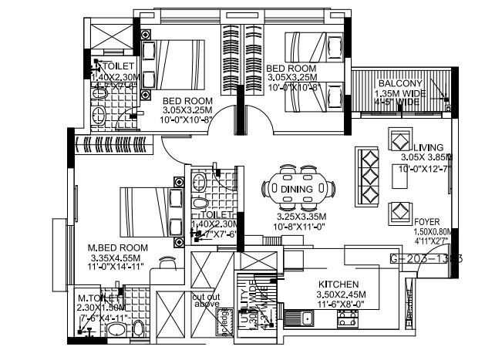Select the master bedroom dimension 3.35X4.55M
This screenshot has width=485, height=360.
pos(116,257)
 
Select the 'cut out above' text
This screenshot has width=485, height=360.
pos(207,300)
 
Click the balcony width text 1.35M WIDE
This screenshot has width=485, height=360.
pos(398,93)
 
